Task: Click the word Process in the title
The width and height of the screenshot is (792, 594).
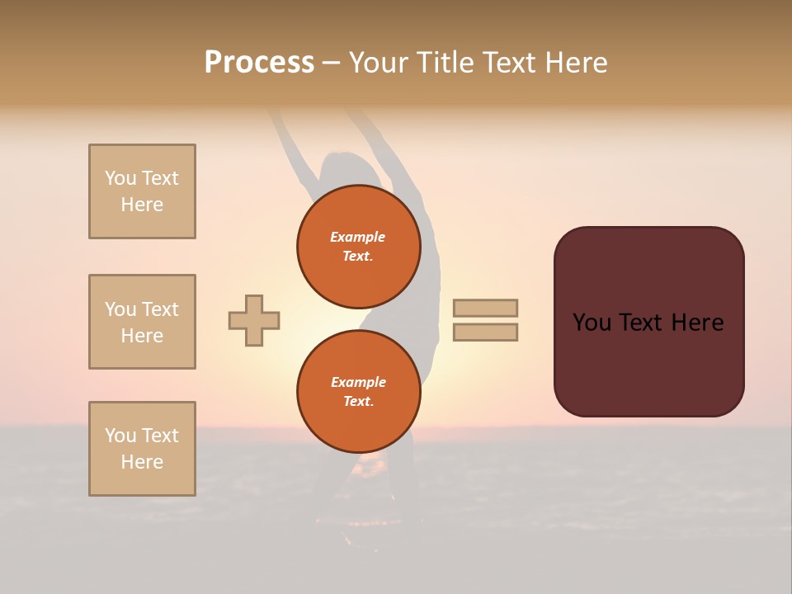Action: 259,62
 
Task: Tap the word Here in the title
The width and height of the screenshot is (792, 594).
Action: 574,62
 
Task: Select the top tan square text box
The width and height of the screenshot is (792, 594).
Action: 142,191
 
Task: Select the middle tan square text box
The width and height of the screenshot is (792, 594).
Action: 142,322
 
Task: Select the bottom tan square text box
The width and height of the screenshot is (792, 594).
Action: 142,449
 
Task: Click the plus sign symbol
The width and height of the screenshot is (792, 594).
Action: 254,320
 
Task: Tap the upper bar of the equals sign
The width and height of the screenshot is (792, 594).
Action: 485,308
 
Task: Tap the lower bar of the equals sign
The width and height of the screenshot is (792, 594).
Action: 485,332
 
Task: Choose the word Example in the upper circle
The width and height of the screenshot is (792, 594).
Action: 357,237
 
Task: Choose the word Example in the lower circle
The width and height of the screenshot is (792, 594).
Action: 358,382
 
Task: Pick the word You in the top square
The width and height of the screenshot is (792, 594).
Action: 120,178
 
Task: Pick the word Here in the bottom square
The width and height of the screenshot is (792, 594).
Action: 142,462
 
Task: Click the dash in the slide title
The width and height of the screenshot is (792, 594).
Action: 332,63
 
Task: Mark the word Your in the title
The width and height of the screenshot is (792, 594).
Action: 379,62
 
